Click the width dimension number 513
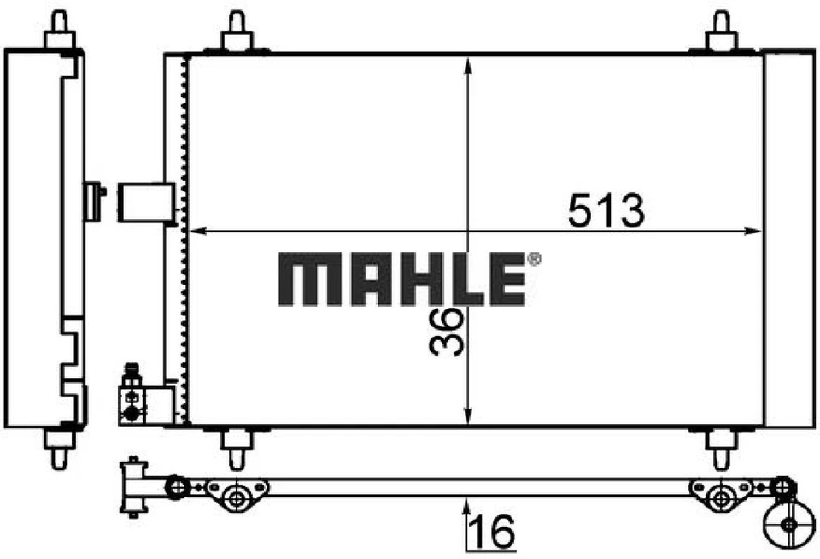click(x=606, y=210)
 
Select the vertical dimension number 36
click(x=446, y=332)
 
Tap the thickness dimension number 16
click(x=495, y=533)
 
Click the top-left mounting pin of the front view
click(x=237, y=32)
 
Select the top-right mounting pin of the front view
click(x=722, y=32)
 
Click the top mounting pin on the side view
click(x=58, y=31)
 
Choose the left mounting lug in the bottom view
click(x=237, y=495)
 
